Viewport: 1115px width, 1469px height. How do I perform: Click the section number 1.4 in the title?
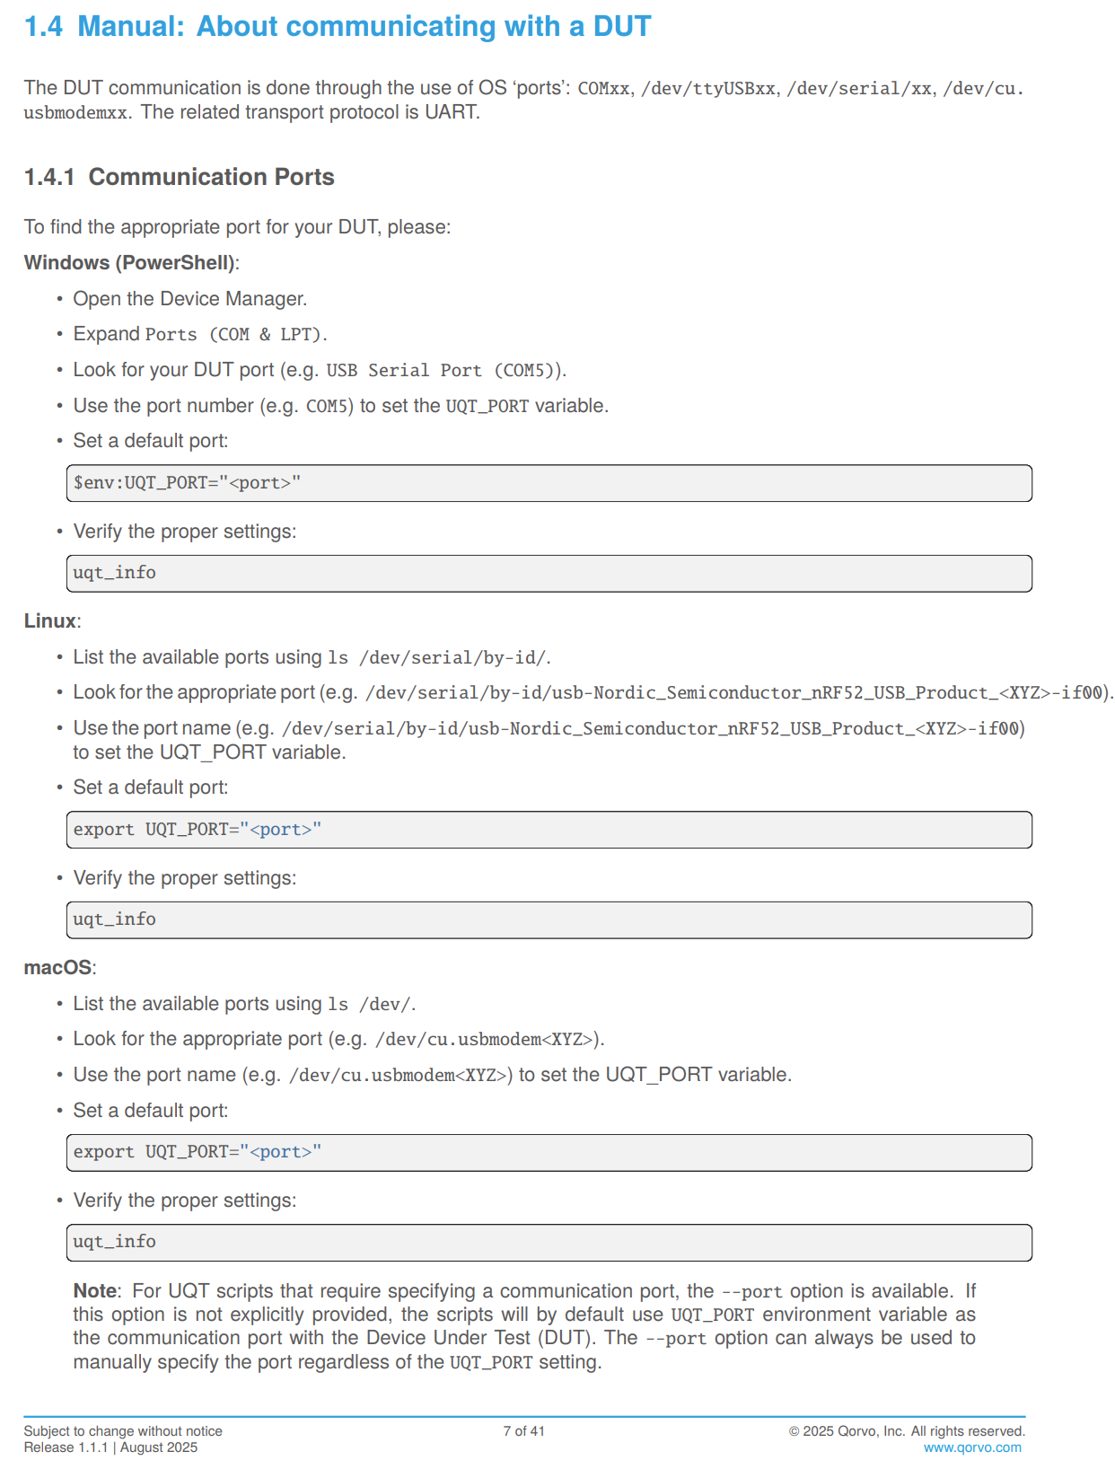[43, 27]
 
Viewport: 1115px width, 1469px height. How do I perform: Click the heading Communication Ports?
[211, 177]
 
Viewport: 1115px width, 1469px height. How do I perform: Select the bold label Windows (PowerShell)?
[129, 263]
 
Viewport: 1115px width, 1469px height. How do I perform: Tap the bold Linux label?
[50, 621]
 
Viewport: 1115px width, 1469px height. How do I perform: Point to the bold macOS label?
[57, 968]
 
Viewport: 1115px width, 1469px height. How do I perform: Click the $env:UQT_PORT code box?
[549, 483]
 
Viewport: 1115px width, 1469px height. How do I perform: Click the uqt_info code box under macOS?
[549, 1243]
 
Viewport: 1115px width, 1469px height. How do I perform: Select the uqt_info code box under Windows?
[549, 574]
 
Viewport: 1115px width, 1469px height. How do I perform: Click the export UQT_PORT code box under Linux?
[549, 830]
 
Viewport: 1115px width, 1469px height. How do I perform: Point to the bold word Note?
[94, 1291]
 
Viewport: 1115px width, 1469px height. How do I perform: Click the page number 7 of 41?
[524, 1431]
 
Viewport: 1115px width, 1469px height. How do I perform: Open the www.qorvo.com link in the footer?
[972, 1447]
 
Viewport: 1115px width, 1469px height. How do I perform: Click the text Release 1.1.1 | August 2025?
[110, 1447]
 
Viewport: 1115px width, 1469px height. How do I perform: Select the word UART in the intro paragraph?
[452, 112]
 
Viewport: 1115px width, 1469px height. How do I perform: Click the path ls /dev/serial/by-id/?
[437, 658]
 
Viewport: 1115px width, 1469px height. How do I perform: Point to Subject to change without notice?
[123, 1431]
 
